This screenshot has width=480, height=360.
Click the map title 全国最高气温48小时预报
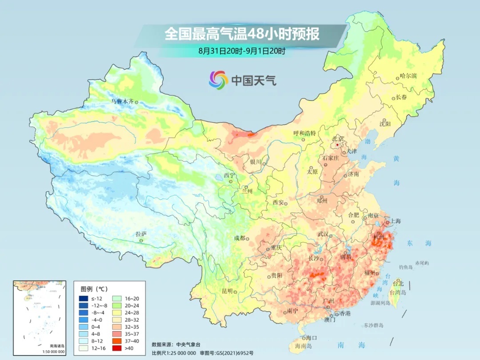(x=242, y=34)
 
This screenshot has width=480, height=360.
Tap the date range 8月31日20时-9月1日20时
(x=242, y=51)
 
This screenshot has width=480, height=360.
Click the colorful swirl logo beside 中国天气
(x=218, y=80)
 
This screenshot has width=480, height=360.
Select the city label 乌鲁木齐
(x=122, y=101)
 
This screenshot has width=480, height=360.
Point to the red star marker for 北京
(x=337, y=145)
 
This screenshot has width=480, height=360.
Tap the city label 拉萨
(x=141, y=234)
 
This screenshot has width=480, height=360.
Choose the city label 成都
(x=239, y=238)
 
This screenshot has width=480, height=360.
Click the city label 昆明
(x=227, y=291)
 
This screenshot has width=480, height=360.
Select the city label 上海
(x=395, y=221)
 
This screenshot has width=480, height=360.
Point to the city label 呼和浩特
(x=304, y=133)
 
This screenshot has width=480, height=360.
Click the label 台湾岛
(x=398, y=293)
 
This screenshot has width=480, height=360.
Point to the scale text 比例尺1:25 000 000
(x=174, y=353)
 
